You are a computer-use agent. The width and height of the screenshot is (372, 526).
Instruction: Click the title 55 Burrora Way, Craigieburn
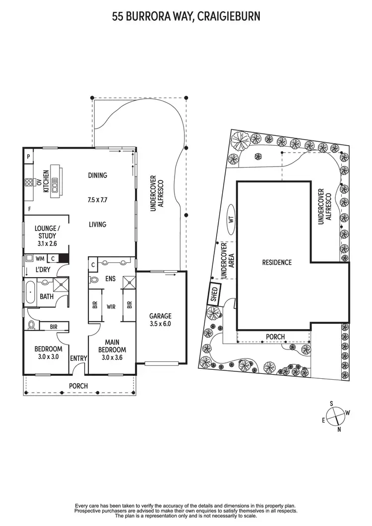pos(186,17)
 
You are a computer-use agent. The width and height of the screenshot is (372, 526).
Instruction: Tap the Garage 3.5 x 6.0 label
pos(160,319)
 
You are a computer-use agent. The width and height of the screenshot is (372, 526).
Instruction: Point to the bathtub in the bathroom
pos(29,292)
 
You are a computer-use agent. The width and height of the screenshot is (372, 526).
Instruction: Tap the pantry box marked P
pos(29,157)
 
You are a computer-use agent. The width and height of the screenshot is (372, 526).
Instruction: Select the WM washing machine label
pos(41,258)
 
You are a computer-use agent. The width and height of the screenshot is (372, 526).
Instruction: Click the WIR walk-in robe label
pos(111,307)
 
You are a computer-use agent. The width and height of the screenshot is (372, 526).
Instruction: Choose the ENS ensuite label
pos(110,279)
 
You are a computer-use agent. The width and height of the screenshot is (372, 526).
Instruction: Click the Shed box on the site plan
pos(215,295)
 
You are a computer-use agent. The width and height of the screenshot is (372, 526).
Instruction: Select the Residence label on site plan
pos(277,262)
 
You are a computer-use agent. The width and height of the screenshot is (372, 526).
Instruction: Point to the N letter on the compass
pos(339,429)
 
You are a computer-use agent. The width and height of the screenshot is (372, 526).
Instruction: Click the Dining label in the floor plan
pos(97,175)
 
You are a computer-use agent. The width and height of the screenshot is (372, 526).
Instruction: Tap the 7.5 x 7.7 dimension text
pos(97,200)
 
